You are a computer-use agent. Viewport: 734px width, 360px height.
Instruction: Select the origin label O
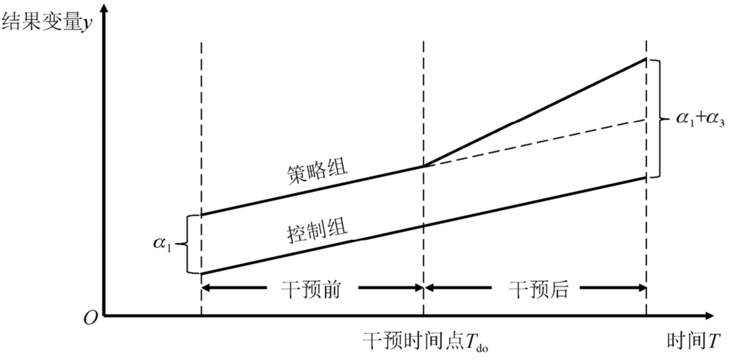[x=91, y=318]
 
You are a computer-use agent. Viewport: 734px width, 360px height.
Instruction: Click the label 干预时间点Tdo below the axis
[x=425, y=342]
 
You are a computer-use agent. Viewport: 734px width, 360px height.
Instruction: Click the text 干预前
[x=311, y=290]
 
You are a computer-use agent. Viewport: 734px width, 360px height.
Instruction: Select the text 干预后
[x=539, y=290]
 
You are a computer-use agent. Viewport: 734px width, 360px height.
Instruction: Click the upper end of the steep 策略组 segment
[x=646, y=59]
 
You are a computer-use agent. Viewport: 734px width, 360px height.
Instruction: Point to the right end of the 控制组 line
[x=646, y=178]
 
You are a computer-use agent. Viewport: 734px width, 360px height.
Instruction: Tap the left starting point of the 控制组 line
[x=202, y=274]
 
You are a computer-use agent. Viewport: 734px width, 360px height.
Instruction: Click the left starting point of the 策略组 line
[x=202, y=215]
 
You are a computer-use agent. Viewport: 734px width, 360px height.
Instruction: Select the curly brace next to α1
[x=187, y=244]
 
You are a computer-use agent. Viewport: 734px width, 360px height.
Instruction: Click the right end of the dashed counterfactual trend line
[x=645, y=120]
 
